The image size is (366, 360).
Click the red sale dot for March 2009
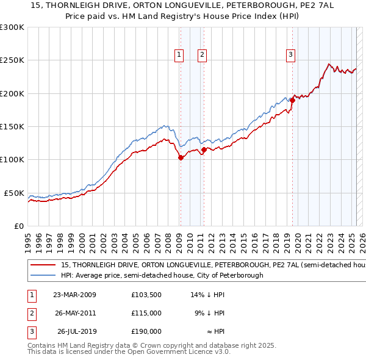pos(181,157)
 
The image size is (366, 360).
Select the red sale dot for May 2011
pos(204,149)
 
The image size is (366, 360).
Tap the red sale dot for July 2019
pos(292,100)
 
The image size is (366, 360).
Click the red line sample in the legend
pos(43,266)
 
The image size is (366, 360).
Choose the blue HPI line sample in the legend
pos(43,276)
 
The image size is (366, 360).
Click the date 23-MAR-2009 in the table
pos(74,295)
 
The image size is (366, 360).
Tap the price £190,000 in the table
pos(146,333)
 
